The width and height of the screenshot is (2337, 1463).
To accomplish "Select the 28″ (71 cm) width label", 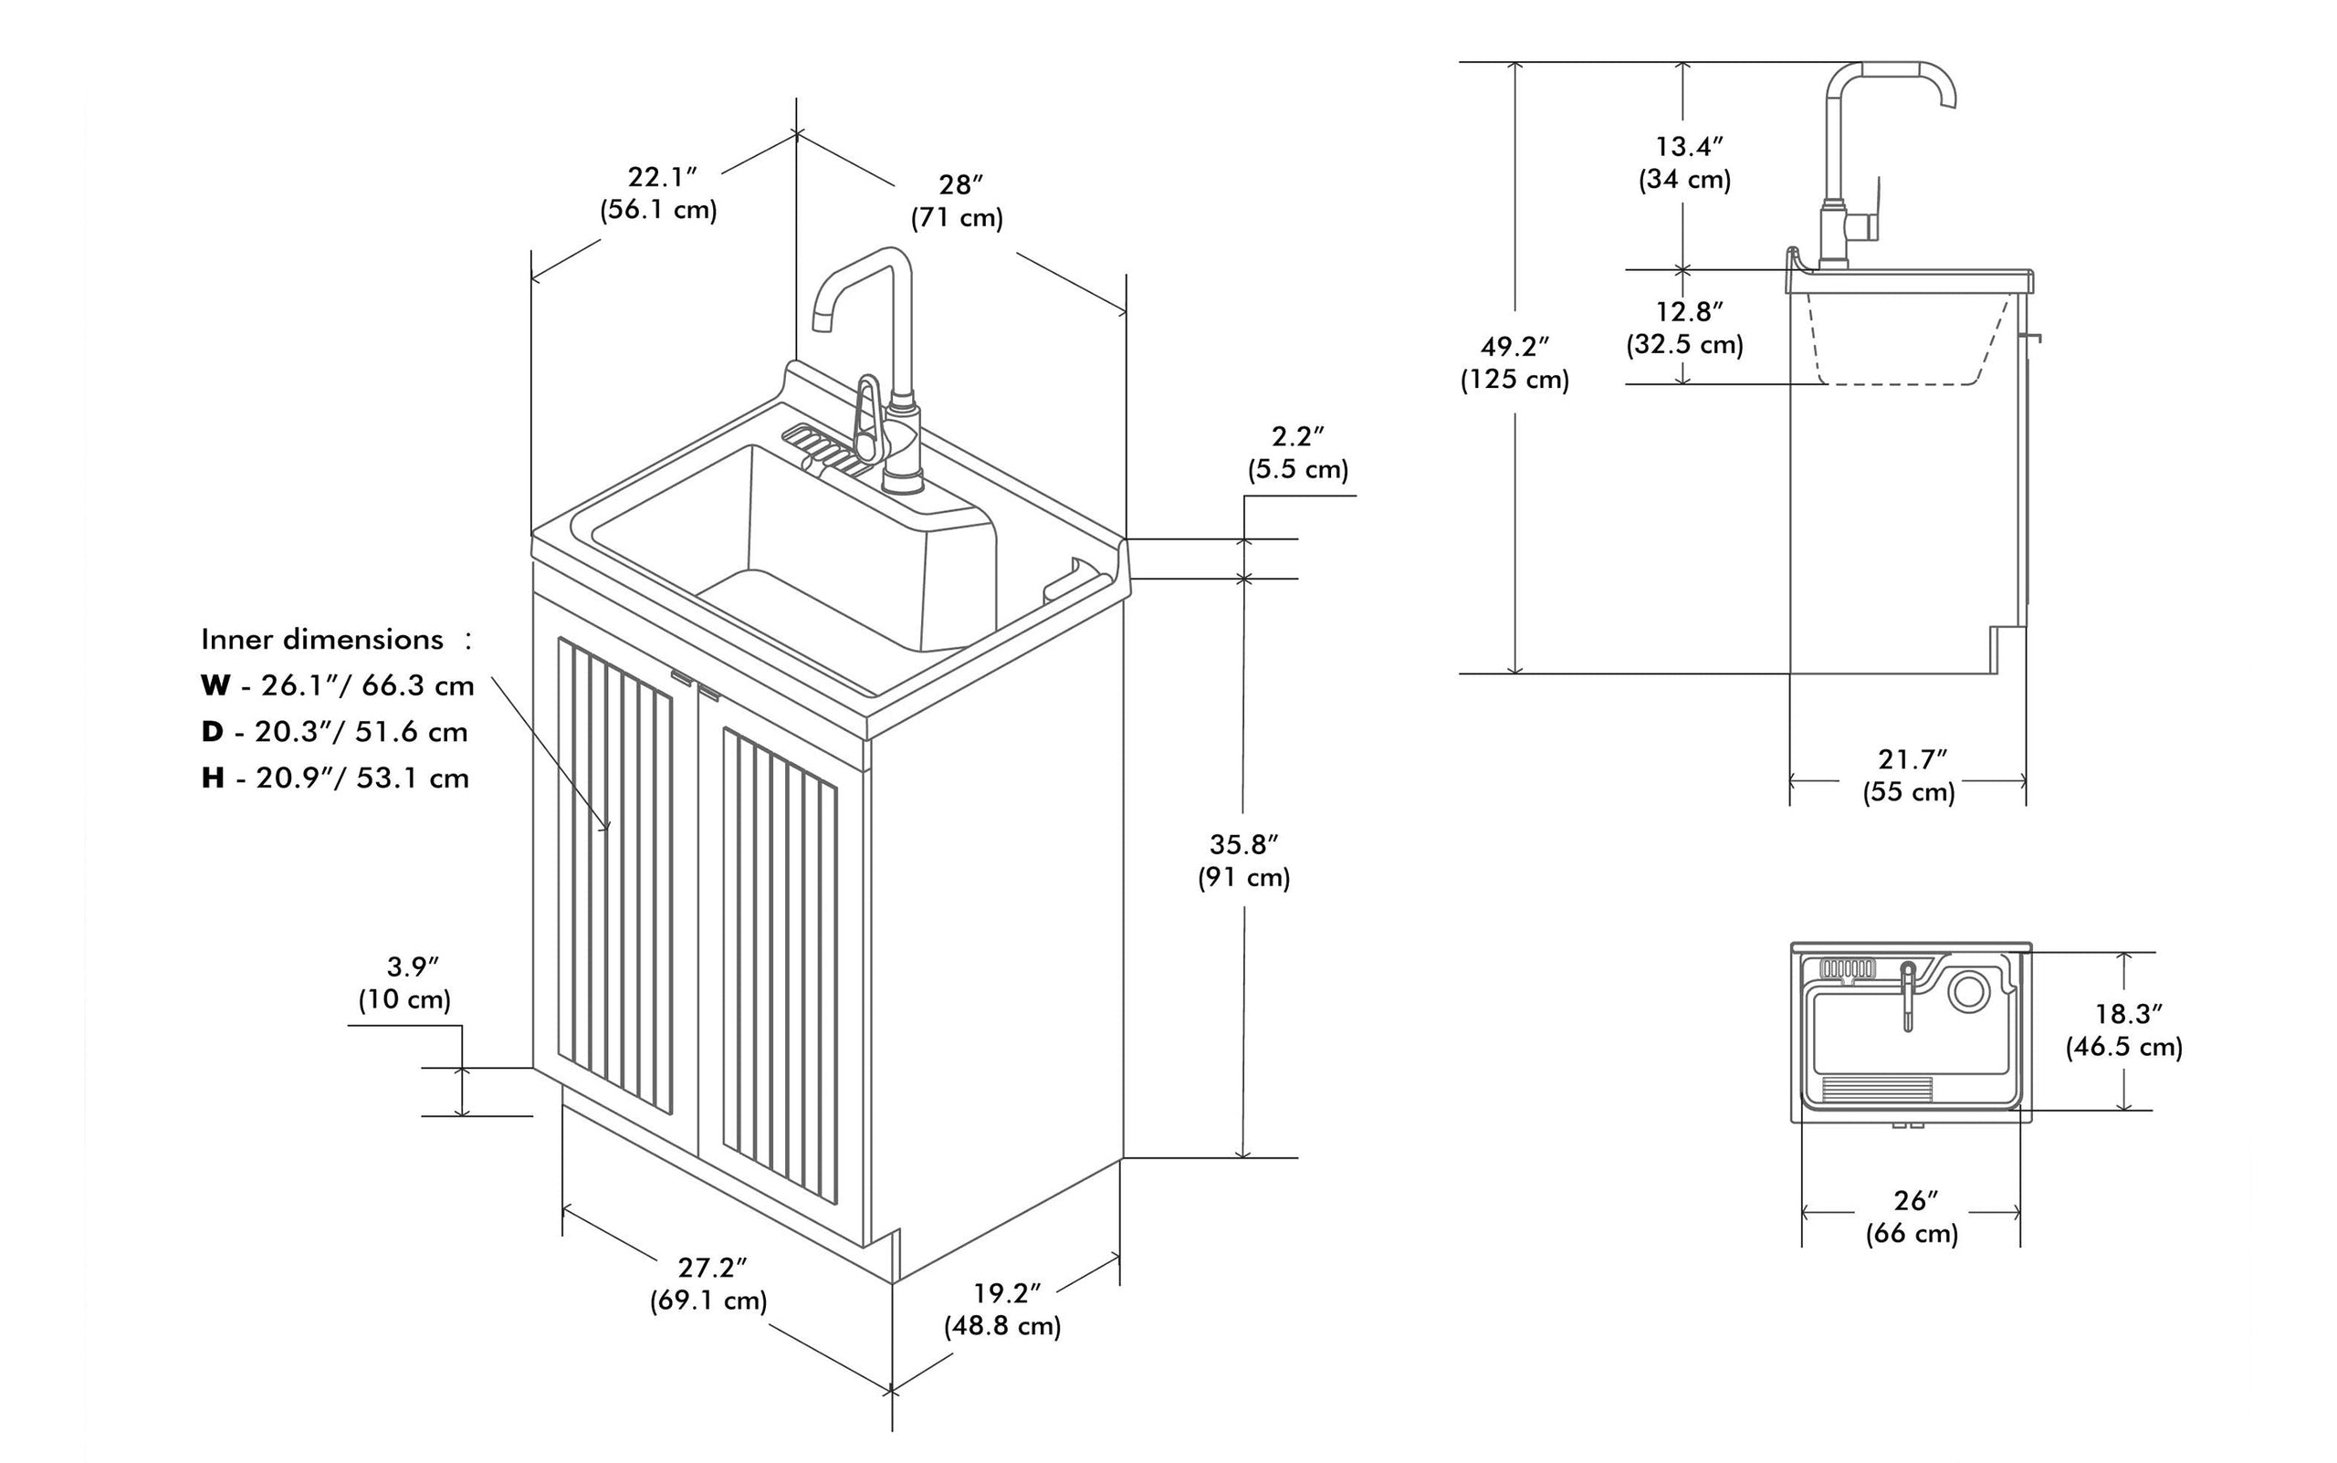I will pyautogui.click(x=957, y=200).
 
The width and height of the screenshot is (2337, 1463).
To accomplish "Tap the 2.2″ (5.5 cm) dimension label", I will pyautogui.click(x=1296, y=453).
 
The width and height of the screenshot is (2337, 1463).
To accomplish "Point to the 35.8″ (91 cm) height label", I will pyautogui.click(x=1243, y=861).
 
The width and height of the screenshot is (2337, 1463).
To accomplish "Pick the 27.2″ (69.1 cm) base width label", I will pyautogui.click(x=709, y=1283).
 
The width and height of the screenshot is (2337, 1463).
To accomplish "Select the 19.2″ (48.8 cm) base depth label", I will pyautogui.click(x=1003, y=1309).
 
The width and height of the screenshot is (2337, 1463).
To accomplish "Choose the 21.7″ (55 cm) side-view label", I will pyautogui.click(x=1909, y=775).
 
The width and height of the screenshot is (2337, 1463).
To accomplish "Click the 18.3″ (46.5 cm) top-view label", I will pyautogui.click(x=2124, y=1029).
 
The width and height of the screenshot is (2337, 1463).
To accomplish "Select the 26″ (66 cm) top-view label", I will pyautogui.click(x=1913, y=1217).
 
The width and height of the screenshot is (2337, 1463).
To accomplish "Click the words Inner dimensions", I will pyautogui.click(x=322, y=640).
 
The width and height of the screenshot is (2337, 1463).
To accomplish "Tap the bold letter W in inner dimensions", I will pyautogui.click(x=215, y=686).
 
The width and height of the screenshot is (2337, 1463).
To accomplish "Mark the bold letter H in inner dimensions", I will pyautogui.click(x=213, y=779).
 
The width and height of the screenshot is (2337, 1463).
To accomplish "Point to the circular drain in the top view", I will pyautogui.click(x=1968, y=992).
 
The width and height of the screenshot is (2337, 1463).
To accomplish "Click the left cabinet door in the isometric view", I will pyautogui.click(x=615, y=871).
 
